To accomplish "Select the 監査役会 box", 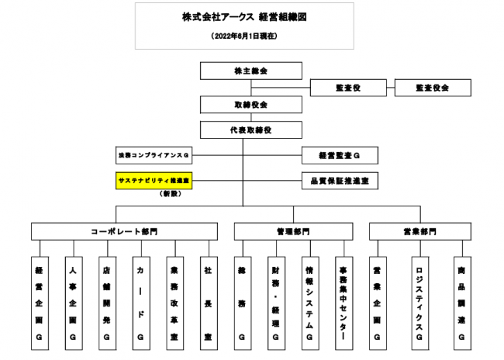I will [x=432, y=88].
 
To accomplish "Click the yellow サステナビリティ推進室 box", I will [x=154, y=181].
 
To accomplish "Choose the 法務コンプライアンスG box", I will [x=154, y=156].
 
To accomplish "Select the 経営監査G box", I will [x=339, y=156].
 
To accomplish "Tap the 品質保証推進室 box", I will [x=339, y=181].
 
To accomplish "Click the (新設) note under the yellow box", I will [x=169, y=193].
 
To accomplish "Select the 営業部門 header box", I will [x=419, y=231].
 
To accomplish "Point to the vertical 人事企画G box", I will [x=72, y=302].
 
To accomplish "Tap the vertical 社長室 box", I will [x=209, y=302].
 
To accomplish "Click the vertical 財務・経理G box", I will [x=275, y=302].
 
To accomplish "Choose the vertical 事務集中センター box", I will [x=343, y=302].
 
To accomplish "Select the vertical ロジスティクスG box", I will [x=419, y=302].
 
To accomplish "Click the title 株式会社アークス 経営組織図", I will [x=243, y=17].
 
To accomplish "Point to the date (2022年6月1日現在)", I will [x=243, y=36].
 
